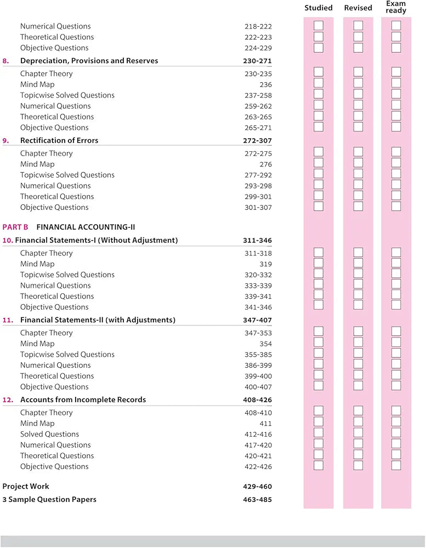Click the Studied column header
click(319, 8)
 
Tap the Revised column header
click(358, 8)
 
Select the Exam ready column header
click(396, 7)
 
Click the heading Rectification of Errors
click(59, 140)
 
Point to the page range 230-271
click(257, 61)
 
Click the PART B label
click(15, 226)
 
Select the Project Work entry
click(26, 486)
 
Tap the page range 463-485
click(257, 499)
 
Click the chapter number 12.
click(8, 399)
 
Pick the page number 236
click(265, 84)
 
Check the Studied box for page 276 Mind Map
click(319, 163)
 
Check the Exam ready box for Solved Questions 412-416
click(396, 433)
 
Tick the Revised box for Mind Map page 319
click(358, 263)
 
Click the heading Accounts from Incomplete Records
click(83, 399)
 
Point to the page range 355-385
click(258, 355)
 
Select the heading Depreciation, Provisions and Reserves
click(89, 61)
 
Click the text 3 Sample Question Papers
click(49, 499)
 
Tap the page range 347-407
click(257, 319)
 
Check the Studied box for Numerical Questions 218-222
click(319, 26)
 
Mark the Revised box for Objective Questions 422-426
click(358, 465)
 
